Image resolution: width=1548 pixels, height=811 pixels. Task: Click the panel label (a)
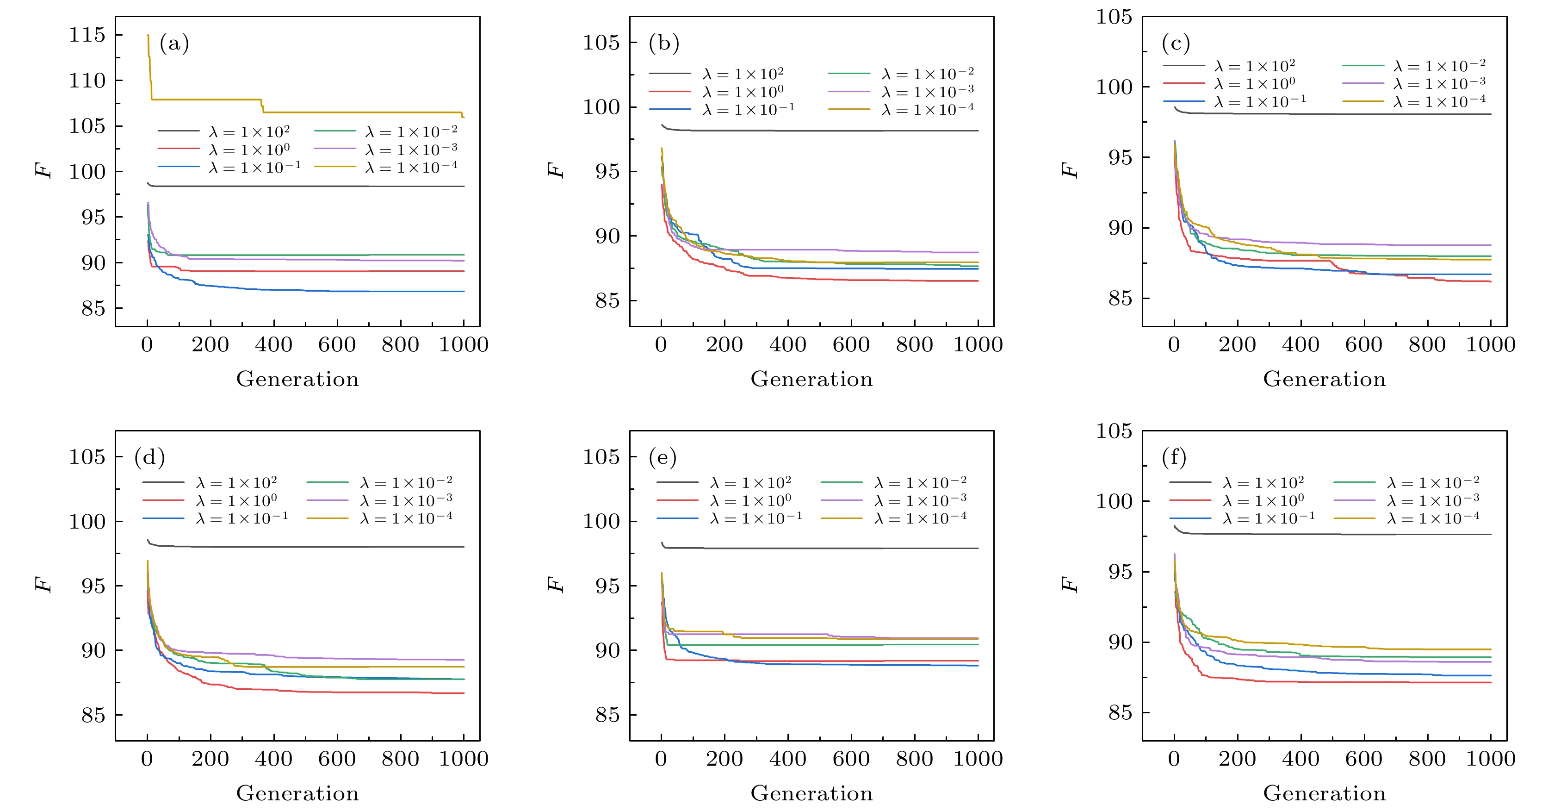[174, 44]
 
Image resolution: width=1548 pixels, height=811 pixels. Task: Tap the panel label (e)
[663, 457]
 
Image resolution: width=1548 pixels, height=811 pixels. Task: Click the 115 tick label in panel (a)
[87, 35]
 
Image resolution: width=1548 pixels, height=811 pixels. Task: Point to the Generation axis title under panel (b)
[811, 379]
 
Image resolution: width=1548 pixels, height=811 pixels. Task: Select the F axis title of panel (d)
[44, 584]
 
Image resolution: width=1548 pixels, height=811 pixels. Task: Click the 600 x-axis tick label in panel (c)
[1363, 344]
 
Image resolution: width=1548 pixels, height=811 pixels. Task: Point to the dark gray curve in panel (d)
[300, 547]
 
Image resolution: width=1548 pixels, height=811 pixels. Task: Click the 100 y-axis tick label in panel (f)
[1114, 501]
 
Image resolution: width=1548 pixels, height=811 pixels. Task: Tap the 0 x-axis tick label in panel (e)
[661, 759]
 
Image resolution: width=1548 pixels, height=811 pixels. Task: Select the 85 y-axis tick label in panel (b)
[607, 300]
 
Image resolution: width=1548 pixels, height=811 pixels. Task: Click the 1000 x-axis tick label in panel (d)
[463, 759]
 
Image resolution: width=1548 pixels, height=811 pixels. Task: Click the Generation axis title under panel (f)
[1325, 793]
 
